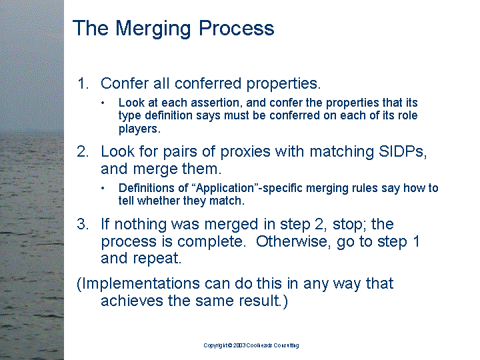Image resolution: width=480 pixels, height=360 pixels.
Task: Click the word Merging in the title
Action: pos(154,29)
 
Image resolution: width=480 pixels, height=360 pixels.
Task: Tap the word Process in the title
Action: pos(236,28)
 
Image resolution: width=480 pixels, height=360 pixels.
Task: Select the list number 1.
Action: pos(83,83)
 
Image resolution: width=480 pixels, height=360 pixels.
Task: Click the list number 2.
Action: pos(83,151)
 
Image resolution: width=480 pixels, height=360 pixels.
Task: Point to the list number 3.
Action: pos(83,224)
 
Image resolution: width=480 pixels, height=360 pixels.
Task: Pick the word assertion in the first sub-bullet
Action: pos(216,103)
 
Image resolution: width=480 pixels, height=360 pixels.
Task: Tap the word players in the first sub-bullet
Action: pos(139,129)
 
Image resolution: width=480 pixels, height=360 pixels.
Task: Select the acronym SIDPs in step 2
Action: pos(402,151)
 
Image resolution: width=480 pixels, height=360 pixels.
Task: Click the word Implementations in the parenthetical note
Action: pos(140,284)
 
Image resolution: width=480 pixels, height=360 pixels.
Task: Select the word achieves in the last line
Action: pos(132,300)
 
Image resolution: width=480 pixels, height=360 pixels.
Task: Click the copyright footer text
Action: pos(251,345)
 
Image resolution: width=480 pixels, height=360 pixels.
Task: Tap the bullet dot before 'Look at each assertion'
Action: pos(103,103)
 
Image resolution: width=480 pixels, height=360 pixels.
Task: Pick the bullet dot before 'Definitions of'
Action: pos(103,188)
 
